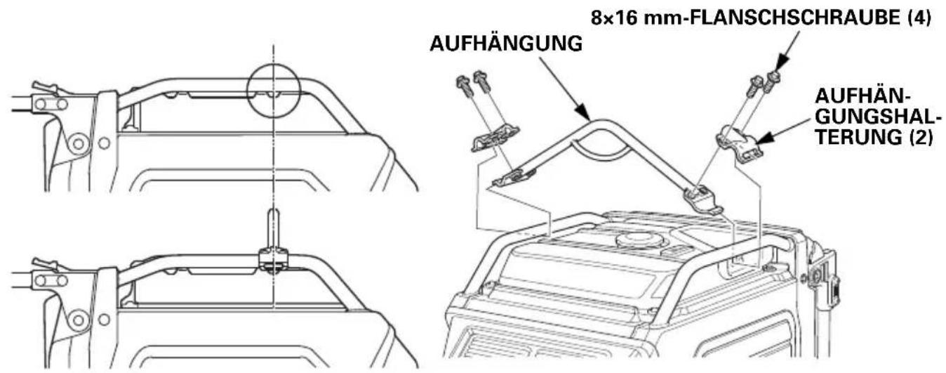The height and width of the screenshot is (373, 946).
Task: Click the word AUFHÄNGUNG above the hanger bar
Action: pyautogui.click(x=506, y=44)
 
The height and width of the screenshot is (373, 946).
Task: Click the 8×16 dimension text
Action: pyautogui.click(x=614, y=18)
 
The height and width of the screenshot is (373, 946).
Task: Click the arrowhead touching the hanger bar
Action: pyautogui.click(x=582, y=112)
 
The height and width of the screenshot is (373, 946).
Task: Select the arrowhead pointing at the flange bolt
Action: pyautogui.click(x=780, y=62)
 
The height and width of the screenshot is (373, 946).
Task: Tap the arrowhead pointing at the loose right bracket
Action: pyautogui.click(x=765, y=138)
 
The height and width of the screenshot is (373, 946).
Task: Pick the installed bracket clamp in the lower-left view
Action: pyautogui.click(x=273, y=261)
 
